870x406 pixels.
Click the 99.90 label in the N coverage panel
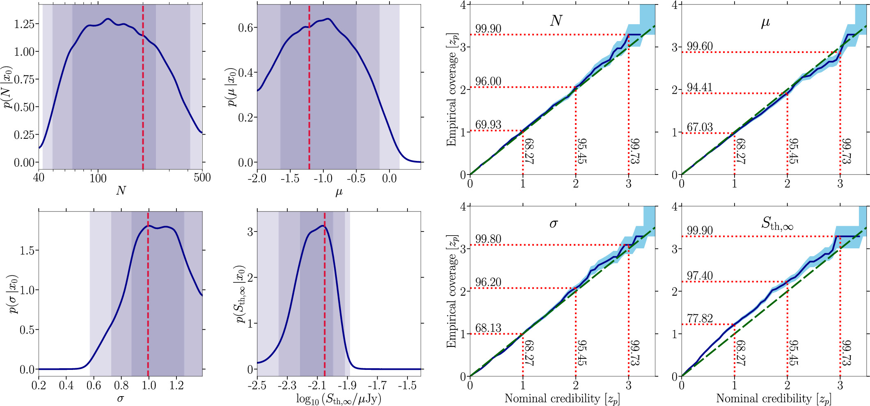pos(488,29)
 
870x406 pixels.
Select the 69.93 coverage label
pos(488,125)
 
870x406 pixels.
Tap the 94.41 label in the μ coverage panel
pos(700,87)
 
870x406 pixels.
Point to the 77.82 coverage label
pos(700,319)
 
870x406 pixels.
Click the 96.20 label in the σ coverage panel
pos(488,282)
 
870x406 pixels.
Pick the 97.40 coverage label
pos(700,276)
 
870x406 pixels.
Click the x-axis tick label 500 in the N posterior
pos(202,177)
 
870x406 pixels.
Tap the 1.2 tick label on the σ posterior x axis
pos(176,385)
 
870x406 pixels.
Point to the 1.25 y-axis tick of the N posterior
pos(24,24)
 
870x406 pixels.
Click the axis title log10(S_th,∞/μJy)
pos(339,399)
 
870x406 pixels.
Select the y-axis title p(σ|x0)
pos(13,294)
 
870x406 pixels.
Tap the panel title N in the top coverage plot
pos(556,21)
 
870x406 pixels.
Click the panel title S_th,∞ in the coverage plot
pos(777,224)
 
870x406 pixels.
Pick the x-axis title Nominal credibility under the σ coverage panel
pos(562,399)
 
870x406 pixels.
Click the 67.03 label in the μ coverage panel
pos(700,127)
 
